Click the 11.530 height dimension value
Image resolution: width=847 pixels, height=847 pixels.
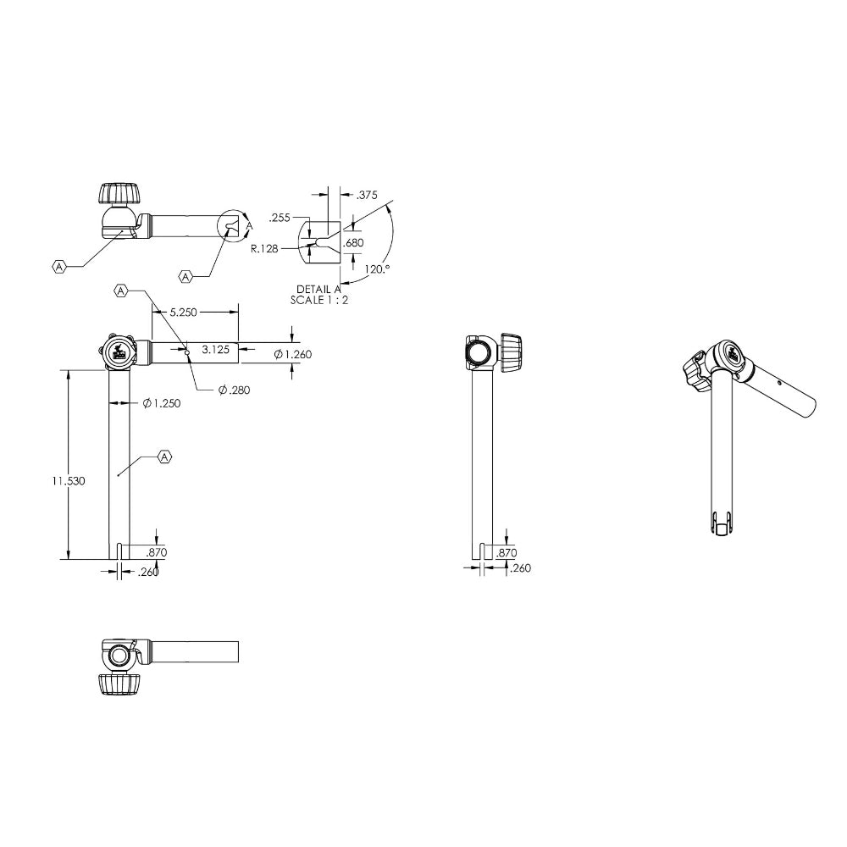pyautogui.click(x=66, y=480)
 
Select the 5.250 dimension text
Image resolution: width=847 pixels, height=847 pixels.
pyautogui.click(x=183, y=313)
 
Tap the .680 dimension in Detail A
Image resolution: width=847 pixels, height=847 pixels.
pyautogui.click(x=353, y=243)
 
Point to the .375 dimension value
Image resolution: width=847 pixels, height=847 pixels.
pyautogui.click(x=366, y=195)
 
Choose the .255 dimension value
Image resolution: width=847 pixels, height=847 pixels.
pyautogui.click(x=280, y=218)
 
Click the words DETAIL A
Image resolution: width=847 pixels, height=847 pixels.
pyautogui.click(x=319, y=290)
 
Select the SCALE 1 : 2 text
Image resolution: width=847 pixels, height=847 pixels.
pyautogui.click(x=319, y=300)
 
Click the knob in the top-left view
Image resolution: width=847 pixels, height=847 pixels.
pyautogui.click(x=119, y=194)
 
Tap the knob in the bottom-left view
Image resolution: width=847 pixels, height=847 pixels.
pyautogui.click(x=119, y=684)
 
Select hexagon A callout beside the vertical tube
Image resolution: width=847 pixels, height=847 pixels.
pyautogui.click(x=165, y=457)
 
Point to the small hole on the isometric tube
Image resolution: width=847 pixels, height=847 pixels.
pyautogui.click(x=779, y=382)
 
